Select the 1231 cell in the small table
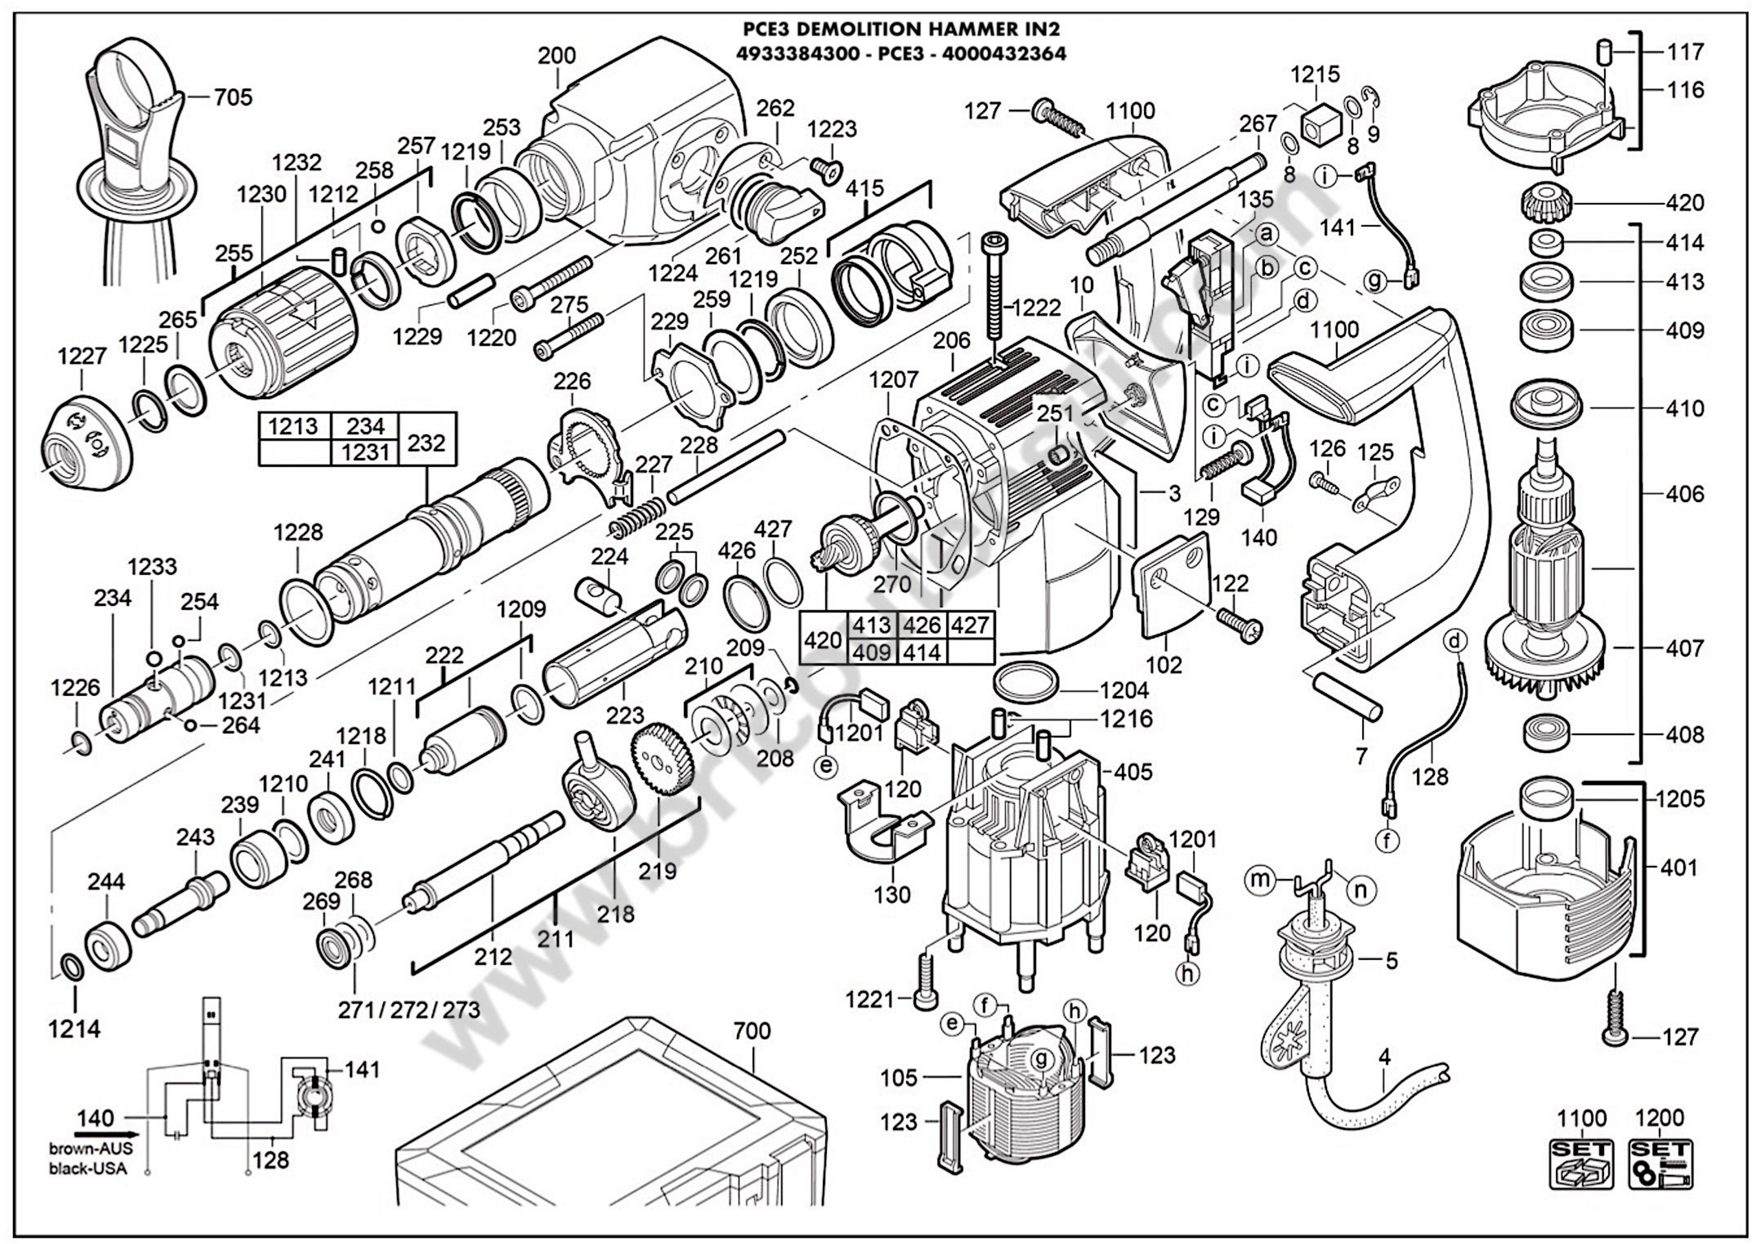point(366,452)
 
